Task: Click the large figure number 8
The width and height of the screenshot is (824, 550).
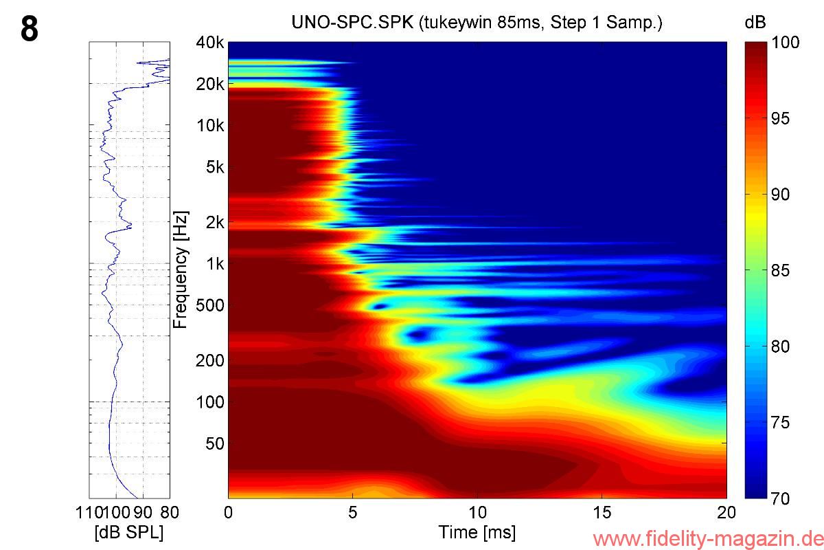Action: (29, 30)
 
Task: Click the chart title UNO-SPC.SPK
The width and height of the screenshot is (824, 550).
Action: (477, 23)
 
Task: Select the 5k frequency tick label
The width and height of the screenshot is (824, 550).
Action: (215, 167)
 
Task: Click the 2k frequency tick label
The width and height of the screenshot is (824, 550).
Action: (215, 223)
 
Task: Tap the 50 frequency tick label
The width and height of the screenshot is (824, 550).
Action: (214, 443)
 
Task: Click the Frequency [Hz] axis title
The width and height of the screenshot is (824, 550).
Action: (181, 270)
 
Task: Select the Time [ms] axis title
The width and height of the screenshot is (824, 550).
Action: (477, 532)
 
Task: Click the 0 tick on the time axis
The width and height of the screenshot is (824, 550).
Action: (229, 512)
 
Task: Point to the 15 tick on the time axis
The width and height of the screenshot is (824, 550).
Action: (602, 512)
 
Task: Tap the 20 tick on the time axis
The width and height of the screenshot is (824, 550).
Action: (726, 512)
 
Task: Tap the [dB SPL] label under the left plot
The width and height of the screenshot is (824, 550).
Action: (129, 532)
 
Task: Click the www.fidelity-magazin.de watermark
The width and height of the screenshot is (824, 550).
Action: (707, 538)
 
